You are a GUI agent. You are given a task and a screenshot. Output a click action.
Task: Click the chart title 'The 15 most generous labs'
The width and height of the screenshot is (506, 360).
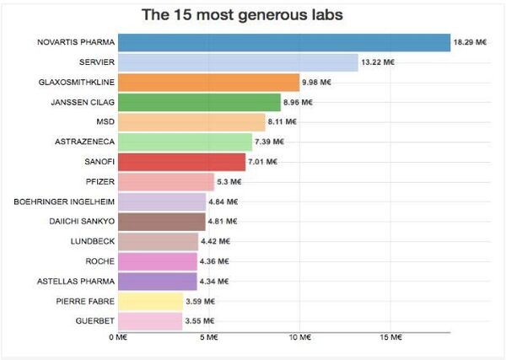(235, 15)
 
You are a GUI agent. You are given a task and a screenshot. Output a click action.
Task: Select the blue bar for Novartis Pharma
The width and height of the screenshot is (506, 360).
(283, 42)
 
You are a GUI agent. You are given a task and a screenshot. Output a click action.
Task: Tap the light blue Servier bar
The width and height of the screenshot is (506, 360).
(237, 62)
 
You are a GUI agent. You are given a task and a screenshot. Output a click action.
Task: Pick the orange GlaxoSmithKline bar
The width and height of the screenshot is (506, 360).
(208, 82)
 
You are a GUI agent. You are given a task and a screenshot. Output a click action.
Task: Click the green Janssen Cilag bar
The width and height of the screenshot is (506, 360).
(199, 102)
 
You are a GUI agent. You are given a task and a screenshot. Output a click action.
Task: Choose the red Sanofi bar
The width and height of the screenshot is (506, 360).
(181, 161)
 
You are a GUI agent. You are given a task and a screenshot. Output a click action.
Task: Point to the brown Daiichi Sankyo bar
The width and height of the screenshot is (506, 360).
(161, 221)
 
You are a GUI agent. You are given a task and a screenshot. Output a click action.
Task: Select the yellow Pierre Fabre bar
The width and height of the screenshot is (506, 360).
(150, 301)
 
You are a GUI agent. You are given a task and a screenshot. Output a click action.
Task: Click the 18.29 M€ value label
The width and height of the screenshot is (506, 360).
(470, 42)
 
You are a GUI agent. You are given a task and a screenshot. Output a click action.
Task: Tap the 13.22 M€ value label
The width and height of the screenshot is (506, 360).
(378, 62)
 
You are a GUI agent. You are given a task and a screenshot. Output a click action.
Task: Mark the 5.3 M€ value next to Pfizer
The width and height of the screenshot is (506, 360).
(229, 181)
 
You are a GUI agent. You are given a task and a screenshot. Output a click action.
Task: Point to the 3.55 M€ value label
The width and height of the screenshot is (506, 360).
(200, 321)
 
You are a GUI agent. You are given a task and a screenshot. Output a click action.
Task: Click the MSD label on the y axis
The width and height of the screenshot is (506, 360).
(105, 121)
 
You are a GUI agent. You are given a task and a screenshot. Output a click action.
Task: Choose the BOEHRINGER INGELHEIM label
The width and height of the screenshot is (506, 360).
(64, 201)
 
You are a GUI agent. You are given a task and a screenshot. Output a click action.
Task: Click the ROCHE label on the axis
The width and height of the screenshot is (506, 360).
(100, 261)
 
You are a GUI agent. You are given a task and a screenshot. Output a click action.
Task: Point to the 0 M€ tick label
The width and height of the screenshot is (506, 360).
(117, 338)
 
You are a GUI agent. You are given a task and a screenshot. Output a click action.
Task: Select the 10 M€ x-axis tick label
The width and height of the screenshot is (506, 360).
(298, 338)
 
